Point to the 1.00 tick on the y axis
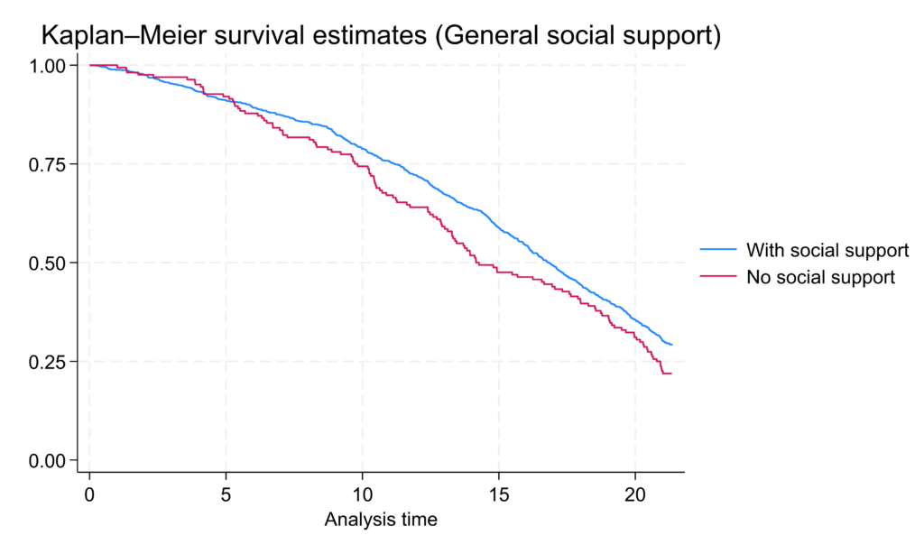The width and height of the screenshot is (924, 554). pyautogui.click(x=48, y=66)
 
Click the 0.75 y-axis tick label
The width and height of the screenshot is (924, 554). pyautogui.click(x=48, y=164)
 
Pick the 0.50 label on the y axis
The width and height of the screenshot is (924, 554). pyautogui.click(x=48, y=263)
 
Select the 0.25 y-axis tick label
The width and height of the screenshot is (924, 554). pyautogui.click(x=48, y=362)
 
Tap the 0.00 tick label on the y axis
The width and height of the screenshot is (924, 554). pyautogui.click(x=48, y=461)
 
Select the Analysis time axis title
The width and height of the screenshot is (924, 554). pyautogui.click(x=381, y=520)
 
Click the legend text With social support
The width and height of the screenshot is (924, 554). pyautogui.click(x=827, y=250)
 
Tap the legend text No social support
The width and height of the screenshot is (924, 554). pyautogui.click(x=820, y=277)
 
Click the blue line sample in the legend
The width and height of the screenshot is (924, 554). pyautogui.click(x=719, y=250)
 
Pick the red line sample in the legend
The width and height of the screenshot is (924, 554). pyautogui.click(x=719, y=277)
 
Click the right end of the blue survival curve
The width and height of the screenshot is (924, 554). pyautogui.click(x=671, y=345)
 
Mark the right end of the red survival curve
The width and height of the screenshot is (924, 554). pyautogui.click(x=671, y=374)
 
